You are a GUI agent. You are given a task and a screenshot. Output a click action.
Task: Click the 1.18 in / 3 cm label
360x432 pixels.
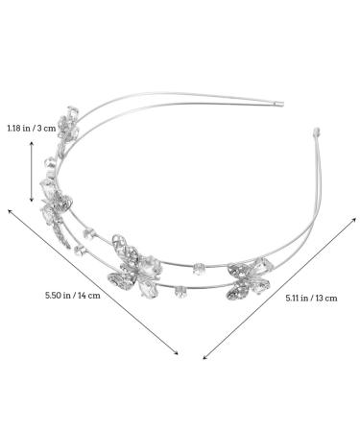[32, 129]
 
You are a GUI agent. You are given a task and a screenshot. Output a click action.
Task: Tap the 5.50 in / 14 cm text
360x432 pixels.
[73, 295]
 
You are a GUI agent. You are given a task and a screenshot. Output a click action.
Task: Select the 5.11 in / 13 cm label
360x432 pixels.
[311, 299]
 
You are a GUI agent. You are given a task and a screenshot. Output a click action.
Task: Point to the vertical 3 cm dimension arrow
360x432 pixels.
[32, 172]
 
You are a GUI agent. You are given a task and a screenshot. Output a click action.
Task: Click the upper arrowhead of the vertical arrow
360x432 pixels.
[32, 143]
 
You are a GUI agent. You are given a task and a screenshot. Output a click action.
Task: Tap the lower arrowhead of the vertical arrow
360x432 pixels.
[32, 201]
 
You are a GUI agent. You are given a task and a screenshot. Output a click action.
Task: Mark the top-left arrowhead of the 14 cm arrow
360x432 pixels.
[9, 210]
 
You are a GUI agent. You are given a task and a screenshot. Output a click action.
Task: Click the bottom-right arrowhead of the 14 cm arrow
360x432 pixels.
[177, 353]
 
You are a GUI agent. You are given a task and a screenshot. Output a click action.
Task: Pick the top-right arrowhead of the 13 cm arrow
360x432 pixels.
[354, 219]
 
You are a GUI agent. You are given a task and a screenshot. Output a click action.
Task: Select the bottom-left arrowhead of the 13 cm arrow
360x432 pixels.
[204, 357]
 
